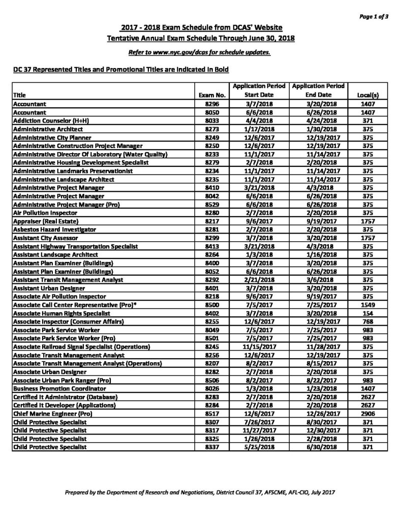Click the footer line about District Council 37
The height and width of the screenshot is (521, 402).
[200, 493]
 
